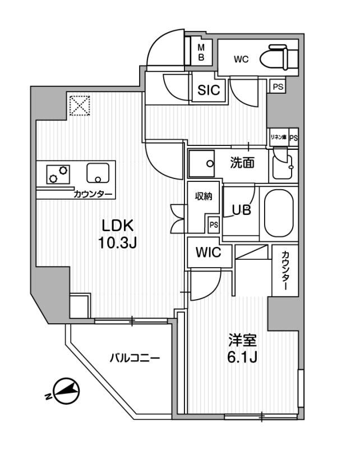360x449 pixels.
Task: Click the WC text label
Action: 242,58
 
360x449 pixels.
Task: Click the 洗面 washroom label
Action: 242,163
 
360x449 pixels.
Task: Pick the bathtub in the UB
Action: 278,214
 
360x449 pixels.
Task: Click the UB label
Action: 242,210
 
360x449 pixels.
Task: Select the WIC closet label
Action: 208,253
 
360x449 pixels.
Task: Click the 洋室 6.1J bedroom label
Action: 242,347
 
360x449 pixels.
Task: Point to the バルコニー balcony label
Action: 135,357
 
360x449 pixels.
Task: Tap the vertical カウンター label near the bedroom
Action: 285,271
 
